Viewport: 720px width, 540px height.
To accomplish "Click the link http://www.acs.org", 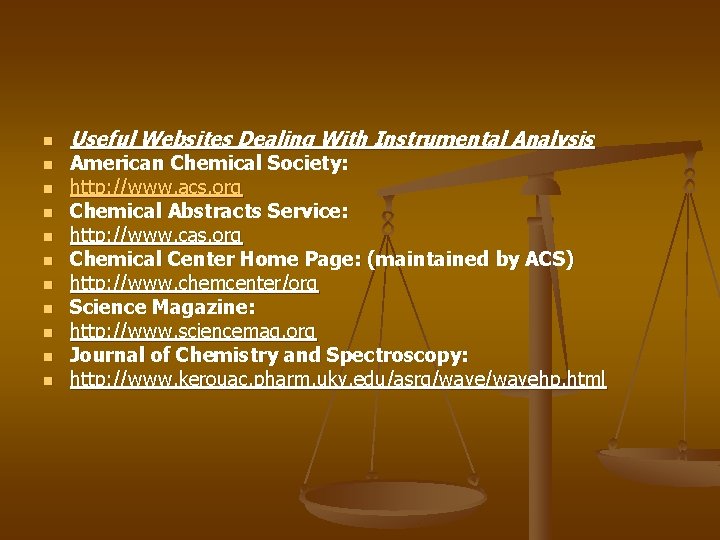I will point(155,187).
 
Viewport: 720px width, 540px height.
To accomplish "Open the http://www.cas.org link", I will point(155,235).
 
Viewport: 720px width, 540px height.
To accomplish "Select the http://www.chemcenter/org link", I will point(193,283).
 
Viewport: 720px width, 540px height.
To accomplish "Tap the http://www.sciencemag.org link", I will point(192,331).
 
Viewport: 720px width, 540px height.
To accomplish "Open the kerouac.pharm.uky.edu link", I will point(337,379).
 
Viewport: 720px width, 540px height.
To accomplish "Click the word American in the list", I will point(117,163).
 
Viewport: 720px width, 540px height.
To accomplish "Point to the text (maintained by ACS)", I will point(471,259).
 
